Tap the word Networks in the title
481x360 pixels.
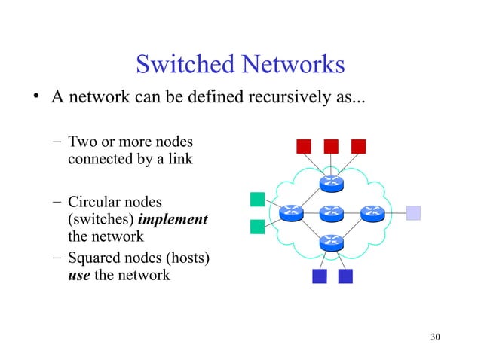tap(290, 66)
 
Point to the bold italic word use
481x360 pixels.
tap(78, 276)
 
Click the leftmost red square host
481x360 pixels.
tap(303, 146)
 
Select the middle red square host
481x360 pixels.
tap(330, 146)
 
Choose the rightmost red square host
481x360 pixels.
tap(357, 146)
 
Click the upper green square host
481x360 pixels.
tap(257, 199)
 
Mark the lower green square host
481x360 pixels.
tap(257, 225)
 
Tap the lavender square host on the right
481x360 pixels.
tap(413, 213)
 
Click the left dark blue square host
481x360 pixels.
tap(319, 277)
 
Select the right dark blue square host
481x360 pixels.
tap(345, 277)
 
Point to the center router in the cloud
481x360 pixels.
tap(331, 213)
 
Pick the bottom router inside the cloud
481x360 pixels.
tap(331, 243)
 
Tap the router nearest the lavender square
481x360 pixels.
tap(372, 213)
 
